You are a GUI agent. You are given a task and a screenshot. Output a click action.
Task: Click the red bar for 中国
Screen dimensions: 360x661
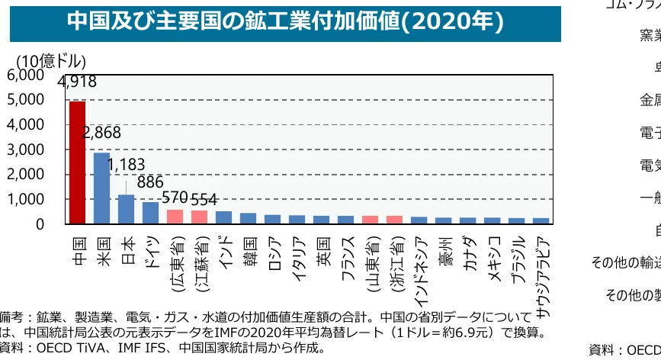(x=77, y=162)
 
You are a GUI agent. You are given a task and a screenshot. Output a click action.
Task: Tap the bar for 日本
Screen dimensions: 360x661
(x=126, y=209)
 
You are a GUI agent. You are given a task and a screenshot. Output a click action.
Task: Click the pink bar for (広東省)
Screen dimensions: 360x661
(x=175, y=217)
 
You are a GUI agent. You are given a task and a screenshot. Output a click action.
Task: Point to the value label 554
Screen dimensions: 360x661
(x=204, y=199)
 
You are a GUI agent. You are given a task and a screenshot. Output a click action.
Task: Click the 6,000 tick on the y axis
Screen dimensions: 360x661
(x=25, y=75)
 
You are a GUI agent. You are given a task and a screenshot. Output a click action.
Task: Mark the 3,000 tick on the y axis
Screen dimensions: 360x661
(x=25, y=149)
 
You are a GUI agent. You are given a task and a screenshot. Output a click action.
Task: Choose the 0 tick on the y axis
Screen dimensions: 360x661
(x=40, y=224)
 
